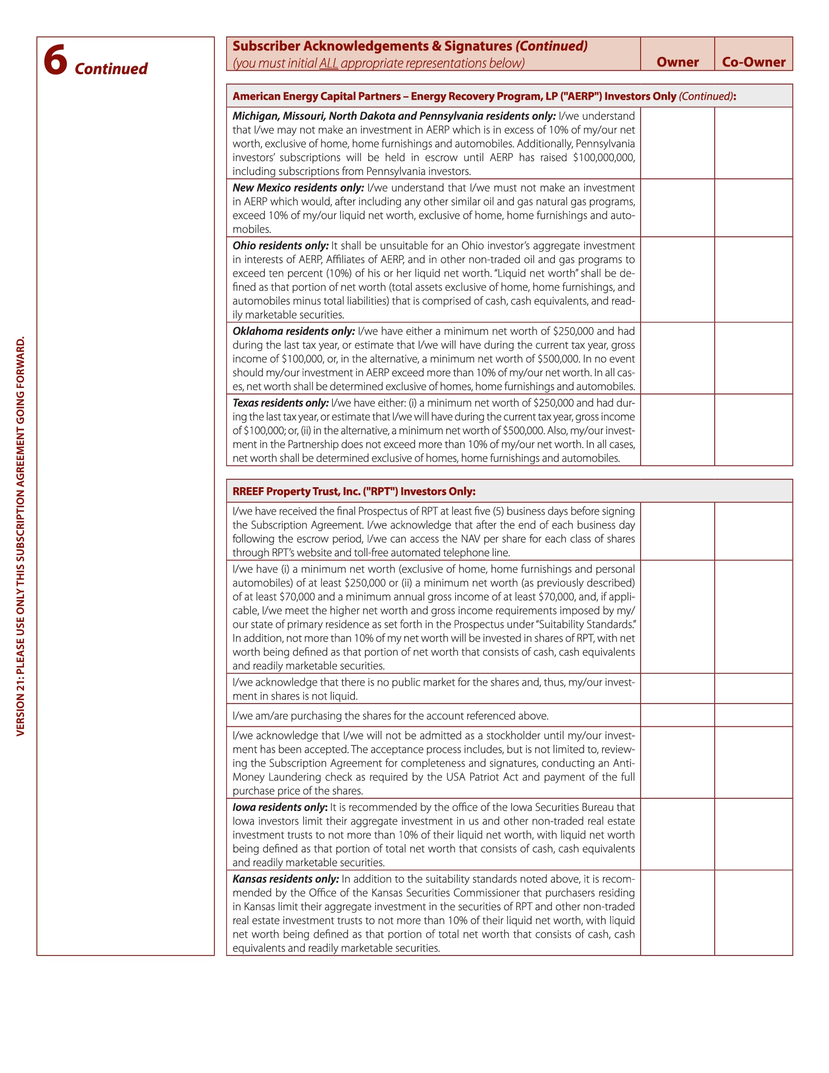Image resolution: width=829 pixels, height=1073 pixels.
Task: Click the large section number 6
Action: pyautogui.click(x=55, y=60)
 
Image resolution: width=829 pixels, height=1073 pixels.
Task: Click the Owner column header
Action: pyautogui.click(x=677, y=62)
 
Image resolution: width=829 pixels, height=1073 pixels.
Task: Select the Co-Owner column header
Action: pyautogui.click(x=753, y=62)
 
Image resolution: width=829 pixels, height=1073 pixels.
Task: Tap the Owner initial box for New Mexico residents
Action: pyautogui.click(x=677, y=208)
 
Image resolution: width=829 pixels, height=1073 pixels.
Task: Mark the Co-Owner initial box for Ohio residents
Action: pyautogui.click(x=753, y=279)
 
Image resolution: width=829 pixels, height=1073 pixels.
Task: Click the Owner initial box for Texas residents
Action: pyautogui.click(x=677, y=430)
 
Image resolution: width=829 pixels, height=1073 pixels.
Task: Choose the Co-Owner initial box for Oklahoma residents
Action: pyautogui.click(x=753, y=358)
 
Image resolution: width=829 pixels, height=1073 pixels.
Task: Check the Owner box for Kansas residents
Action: pyautogui.click(x=677, y=912)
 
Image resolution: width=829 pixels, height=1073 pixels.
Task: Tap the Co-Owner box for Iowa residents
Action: pyautogui.click(x=753, y=834)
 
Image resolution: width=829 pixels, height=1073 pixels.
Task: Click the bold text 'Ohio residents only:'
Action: pyautogui.click(x=280, y=246)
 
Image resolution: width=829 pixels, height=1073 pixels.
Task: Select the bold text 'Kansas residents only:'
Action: pyautogui.click(x=285, y=879)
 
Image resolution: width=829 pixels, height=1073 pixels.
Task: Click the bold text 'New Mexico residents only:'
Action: pyautogui.click(x=298, y=188)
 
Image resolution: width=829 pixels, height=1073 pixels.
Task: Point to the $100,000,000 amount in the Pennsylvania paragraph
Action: pyautogui.click(x=603, y=158)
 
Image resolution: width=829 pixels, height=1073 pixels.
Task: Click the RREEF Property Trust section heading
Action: pyautogui.click(x=354, y=491)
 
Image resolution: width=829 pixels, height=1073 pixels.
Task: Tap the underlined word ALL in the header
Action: pyautogui.click(x=329, y=64)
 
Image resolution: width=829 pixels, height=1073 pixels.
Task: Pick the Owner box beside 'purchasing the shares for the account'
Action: pyautogui.click(x=677, y=715)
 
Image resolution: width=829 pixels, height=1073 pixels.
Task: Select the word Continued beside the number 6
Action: pyautogui.click(x=111, y=69)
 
